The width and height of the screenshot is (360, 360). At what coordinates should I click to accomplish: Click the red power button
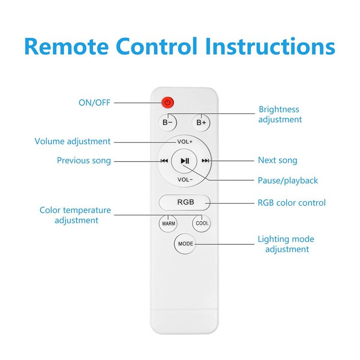click(x=167, y=103)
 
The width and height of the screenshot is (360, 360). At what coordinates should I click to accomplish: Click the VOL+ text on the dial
click(x=185, y=142)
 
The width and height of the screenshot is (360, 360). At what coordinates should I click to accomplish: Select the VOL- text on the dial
click(x=185, y=180)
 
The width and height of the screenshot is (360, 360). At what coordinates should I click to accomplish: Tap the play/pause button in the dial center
click(x=185, y=161)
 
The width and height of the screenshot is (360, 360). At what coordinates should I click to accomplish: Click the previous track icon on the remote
click(x=164, y=161)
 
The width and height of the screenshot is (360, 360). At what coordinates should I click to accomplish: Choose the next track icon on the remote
click(x=205, y=161)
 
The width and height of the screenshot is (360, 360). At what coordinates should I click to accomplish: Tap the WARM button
click(x=169, y=223)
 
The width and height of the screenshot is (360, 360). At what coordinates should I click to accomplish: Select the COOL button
click(x=202, y=223)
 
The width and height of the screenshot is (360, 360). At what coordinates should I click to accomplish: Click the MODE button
click(x=185, y=244)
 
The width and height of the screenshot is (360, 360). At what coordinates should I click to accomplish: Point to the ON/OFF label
click(x=94, y=103)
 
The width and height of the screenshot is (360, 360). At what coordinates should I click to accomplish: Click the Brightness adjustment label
click(x=279, y=114)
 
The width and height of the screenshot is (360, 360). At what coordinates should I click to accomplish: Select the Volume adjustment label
click(x=72, y=141)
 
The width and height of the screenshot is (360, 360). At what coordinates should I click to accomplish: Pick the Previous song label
click(x=84, y=161)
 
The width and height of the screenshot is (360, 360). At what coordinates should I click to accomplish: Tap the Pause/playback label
click(x=288, y=180)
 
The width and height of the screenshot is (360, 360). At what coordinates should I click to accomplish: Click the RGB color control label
click(x=292, y=202)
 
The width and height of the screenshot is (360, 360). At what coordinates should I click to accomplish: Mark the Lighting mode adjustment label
click(x=286, y=244)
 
